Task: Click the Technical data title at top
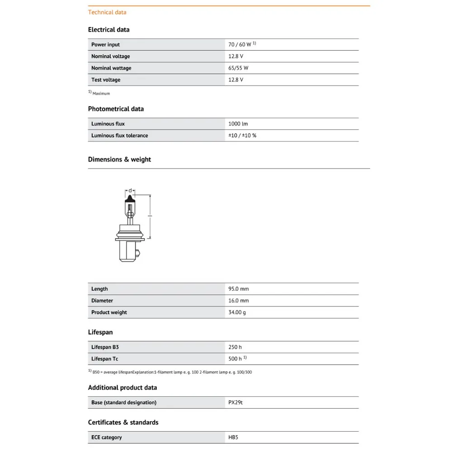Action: (107, 12)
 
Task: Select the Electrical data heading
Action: (108, 30)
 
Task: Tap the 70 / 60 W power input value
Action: (240, 45)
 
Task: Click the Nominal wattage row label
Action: (111, 68)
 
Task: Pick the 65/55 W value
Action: (238, 68)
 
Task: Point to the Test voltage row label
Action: (106, 80)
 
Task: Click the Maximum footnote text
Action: (101, 94)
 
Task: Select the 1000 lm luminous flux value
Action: (238, 124)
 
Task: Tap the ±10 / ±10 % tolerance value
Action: (242, 136)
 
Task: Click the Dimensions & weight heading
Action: (119, 160)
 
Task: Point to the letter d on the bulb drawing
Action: (130, 190)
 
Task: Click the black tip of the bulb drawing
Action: (130, 199)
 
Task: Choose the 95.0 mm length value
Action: (239, 289)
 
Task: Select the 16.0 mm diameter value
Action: (239, 301)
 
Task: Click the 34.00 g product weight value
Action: (237, 312)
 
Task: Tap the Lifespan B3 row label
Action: (105, 347)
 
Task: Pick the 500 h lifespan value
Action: (235, 359)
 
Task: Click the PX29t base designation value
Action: (235, 403)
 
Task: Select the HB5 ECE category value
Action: (233, 438)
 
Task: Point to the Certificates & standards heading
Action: (123, 423)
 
